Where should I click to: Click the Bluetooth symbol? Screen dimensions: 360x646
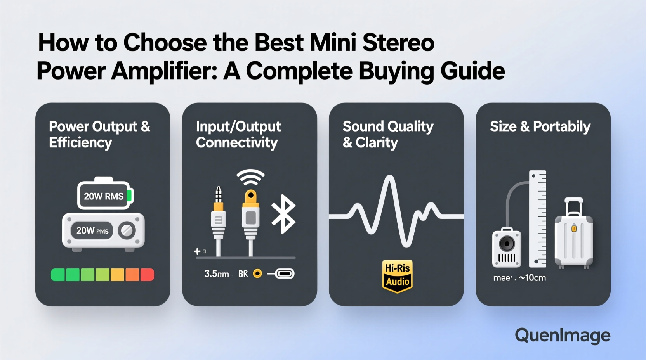click(x=284, y=214)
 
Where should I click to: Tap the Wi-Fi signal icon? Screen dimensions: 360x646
click(x=250, y=177)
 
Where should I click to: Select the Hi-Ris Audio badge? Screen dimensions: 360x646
click(x=397, y=276)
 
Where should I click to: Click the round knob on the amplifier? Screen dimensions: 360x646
click(x=127, y=230)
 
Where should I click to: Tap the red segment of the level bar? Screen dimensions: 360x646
click(x=147, y=275)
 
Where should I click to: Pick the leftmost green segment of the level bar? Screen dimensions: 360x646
click(x=58, y=275)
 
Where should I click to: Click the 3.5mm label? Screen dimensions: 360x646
click(x=216, y=274)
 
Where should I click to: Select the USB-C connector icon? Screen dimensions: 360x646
click(x=285, y=274)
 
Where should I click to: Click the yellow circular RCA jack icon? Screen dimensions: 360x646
click(x=257, y=274)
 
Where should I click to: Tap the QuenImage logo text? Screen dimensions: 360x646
click(x=562, y=336)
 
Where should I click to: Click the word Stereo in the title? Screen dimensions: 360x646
click(x=398, y=43)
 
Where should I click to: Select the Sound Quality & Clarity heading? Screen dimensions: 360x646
click(x=388, y=134)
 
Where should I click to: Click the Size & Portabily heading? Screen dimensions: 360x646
click(x=540, y=126)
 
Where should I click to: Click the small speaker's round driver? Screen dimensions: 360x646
click(x=507, y=244)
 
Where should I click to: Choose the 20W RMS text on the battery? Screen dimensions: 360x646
click(x=104, y=196)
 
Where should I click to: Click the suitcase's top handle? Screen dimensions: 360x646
click(x=574, y=205)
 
